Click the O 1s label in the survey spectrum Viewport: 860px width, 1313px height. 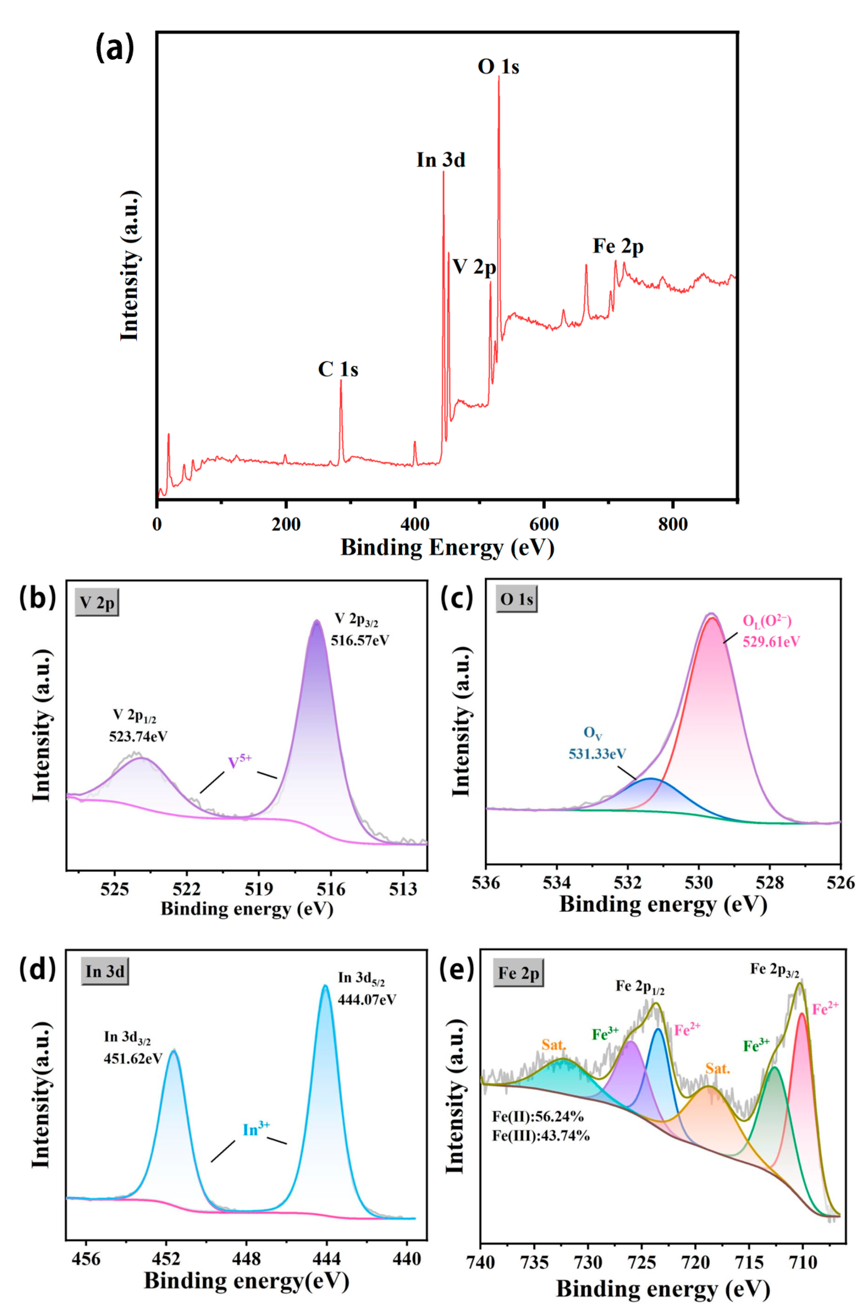[x=498, y=67]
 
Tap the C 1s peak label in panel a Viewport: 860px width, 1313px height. [x=338, y=369]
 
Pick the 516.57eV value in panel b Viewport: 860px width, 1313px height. [x=360, y=641]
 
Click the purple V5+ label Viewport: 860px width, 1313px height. [x=240, y=762]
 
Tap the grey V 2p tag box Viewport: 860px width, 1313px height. [x=97, y=603]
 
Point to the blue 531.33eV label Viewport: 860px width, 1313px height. [x=597, y=753]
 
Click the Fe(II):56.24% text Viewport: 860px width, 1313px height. [x=538, y=1117]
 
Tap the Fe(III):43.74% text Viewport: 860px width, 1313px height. [x=541, y=1135]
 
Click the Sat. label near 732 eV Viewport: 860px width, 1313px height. [x=554, y=1045]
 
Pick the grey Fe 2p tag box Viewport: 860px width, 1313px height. [x=518, y=974]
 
